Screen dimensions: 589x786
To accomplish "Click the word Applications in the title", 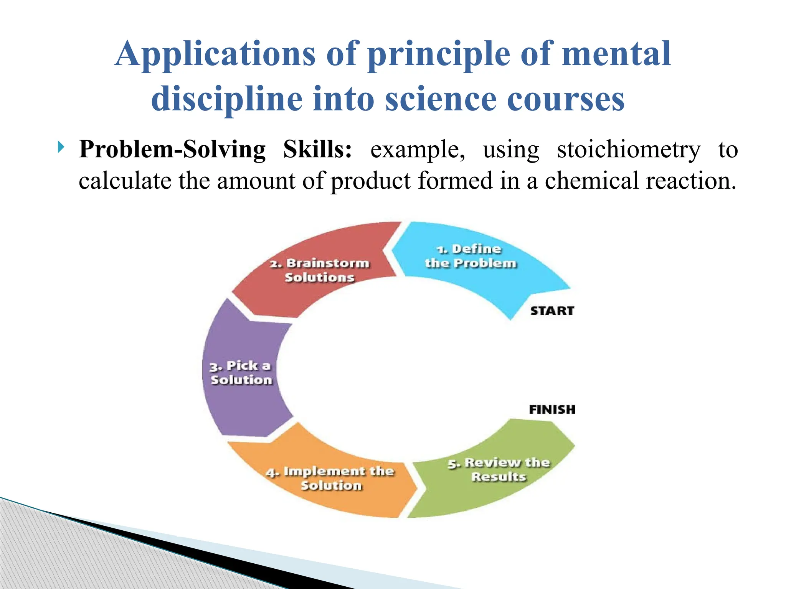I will pos(215,54).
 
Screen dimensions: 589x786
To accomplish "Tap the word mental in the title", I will pos(616,54).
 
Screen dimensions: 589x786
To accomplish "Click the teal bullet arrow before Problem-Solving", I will pos(61,147).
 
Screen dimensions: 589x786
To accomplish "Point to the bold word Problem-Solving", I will pos(172,149).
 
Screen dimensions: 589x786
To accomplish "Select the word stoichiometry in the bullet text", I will pos(628,150).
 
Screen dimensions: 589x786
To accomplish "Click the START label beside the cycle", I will pos(552,311).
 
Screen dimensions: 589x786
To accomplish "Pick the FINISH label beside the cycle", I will pos(552,410).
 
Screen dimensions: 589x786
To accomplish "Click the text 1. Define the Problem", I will pos(470,256).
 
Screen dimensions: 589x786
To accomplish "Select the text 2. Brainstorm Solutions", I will pos(319,270).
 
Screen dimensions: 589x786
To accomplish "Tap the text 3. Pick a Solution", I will pos(241,373).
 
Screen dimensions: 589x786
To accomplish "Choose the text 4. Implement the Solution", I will pos(330,478).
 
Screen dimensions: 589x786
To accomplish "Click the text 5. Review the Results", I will pos(499,469).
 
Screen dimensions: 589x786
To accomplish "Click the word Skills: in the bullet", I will pos(317,149).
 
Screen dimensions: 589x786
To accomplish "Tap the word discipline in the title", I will pos(227,99).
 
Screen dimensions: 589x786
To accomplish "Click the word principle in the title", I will pos(439,54).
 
